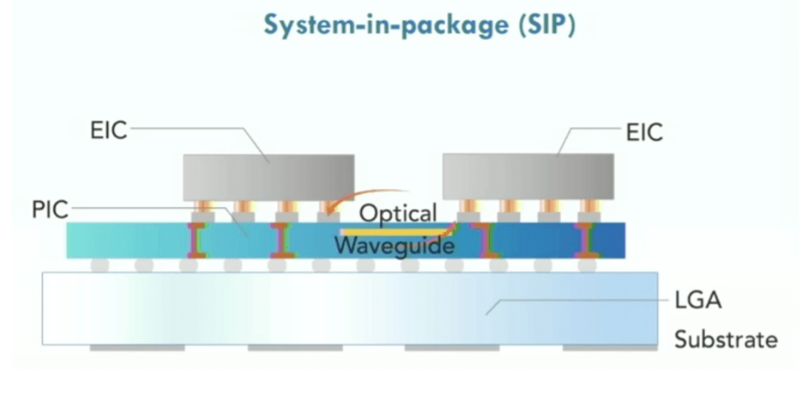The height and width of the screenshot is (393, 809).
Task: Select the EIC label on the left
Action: coord(108,131)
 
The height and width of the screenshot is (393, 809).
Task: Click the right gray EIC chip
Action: coord(527,177)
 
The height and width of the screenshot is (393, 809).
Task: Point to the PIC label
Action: coord(50,209)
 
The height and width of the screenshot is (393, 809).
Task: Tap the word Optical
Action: coord(398,213)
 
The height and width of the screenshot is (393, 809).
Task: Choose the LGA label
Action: coord(698,300)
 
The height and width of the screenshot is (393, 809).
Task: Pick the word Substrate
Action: coord(725,340)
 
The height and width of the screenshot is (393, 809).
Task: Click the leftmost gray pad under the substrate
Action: coord(137,348)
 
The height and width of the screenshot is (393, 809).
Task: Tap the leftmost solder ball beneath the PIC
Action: coord(100,265)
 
